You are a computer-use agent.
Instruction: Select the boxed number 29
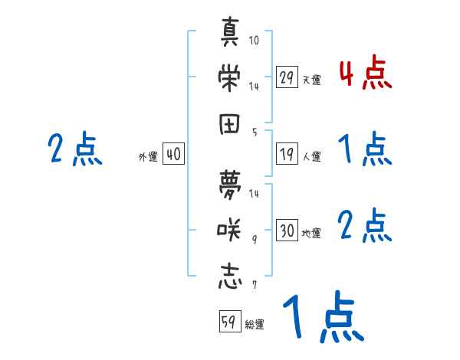click(287, 77)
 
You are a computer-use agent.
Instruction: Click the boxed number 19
click(287, 154)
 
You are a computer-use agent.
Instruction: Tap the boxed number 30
click(287, 231)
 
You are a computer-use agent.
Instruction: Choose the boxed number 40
click(173, 154)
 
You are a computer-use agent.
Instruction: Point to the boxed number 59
click(228, 322)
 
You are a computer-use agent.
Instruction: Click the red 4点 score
click(365, 74)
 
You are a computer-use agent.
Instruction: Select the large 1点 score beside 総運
click(323, 317)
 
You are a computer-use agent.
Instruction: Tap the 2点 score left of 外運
click(74, 149)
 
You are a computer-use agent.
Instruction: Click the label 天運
click(311, 80)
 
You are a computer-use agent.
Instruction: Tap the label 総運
click(254, 325)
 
